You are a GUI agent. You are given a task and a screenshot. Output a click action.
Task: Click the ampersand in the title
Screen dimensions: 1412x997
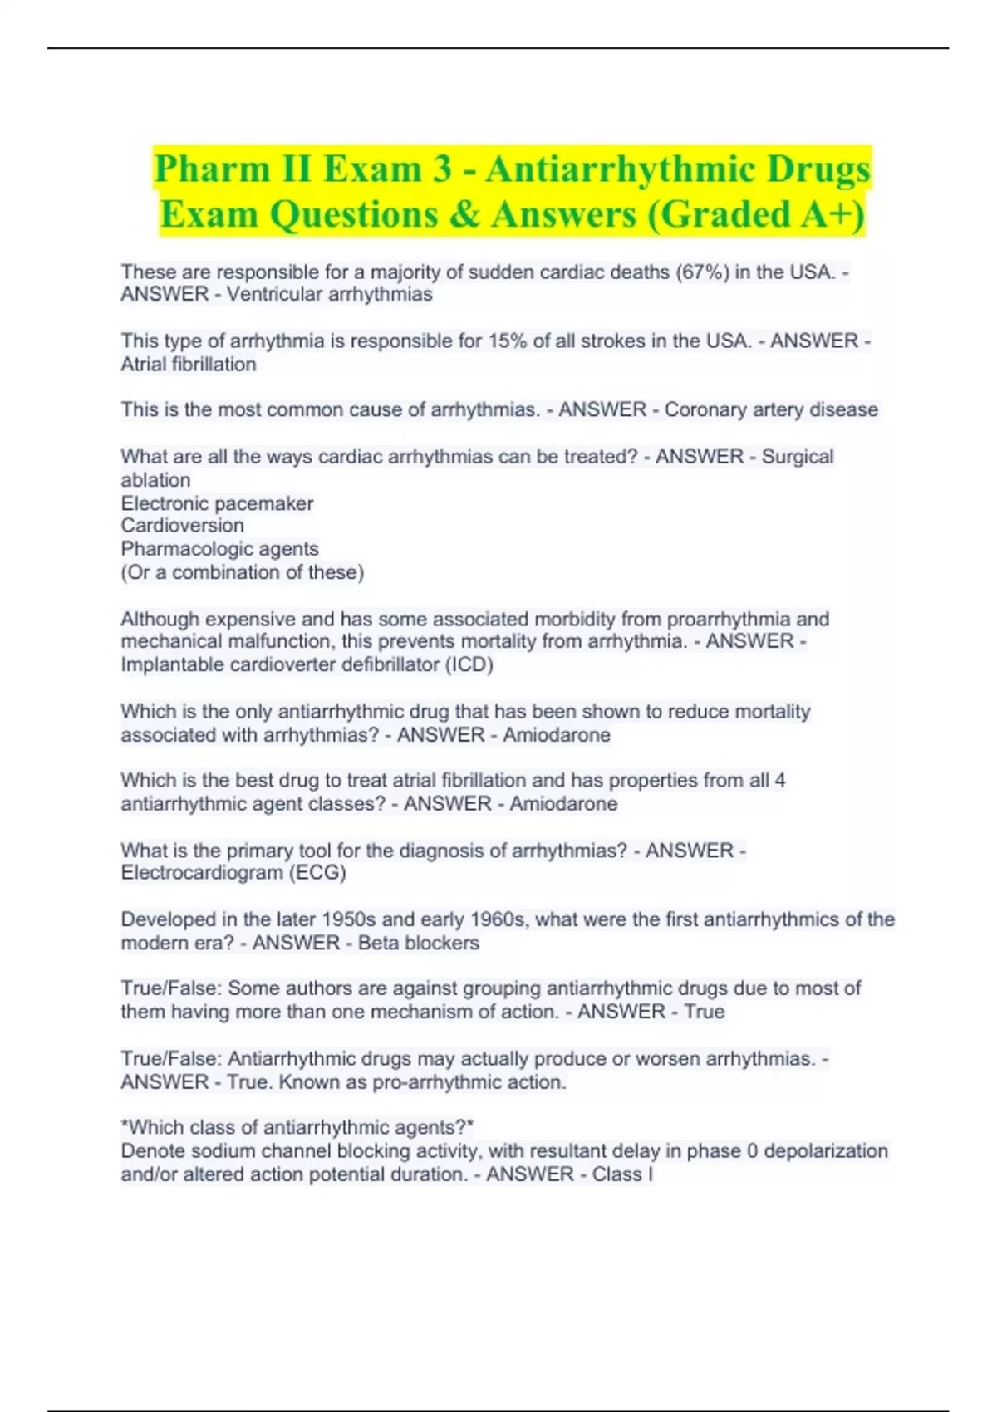tap(469, 214)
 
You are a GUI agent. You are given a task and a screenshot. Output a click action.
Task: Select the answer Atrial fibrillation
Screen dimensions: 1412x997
tap(189, 364)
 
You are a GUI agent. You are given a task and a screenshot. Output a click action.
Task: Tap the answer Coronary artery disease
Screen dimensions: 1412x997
tap(771, 409)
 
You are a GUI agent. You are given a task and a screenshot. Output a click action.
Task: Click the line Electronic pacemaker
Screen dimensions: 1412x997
tap(217, 503)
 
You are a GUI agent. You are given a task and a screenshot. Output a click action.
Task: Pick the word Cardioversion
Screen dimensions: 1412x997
tap(183, 525)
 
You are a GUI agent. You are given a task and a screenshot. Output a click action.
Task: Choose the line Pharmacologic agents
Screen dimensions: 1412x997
tap(219, 548)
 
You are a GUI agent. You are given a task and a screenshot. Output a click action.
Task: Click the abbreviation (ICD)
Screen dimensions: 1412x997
tap(469, 664)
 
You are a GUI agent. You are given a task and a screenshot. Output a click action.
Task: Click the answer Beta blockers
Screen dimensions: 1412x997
tap(419, 943)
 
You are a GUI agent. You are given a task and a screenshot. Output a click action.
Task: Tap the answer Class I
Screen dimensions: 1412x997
tap(622, 1174)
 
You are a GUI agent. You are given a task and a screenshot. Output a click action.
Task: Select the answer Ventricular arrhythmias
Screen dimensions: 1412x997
tap(329, 294)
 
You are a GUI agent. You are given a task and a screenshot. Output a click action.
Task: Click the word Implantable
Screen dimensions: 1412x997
tap(161, 664)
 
